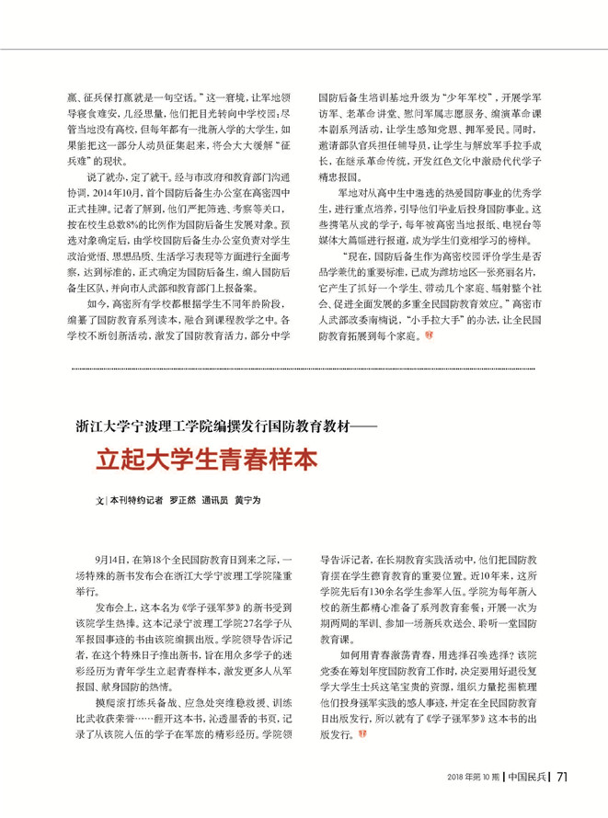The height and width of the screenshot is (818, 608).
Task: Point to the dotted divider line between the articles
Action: [x=304, y=369]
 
